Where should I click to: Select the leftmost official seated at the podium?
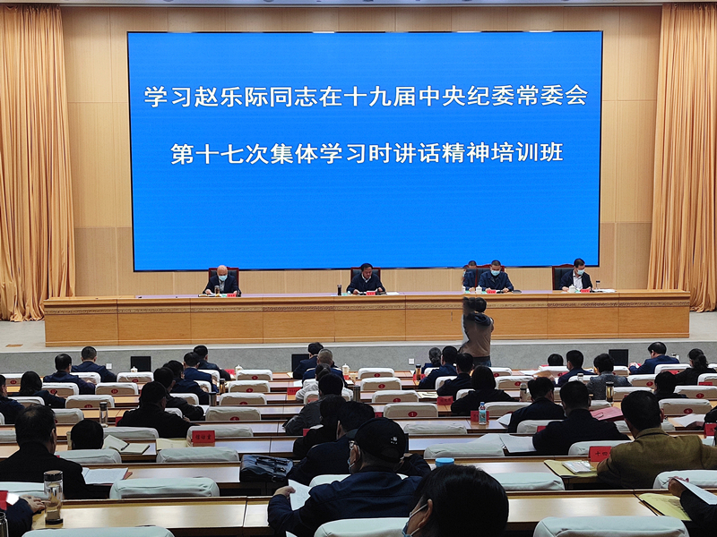(x=221, y=281)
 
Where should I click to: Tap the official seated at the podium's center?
(x=366, y=279)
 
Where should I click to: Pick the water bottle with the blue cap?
(x=482, y=413)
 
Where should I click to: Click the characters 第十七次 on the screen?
(x=210, y=153)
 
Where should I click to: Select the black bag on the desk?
(x=264, y=466)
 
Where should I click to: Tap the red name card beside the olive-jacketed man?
(x=600, y=453)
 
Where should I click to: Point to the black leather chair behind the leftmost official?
(x=223, y=271)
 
